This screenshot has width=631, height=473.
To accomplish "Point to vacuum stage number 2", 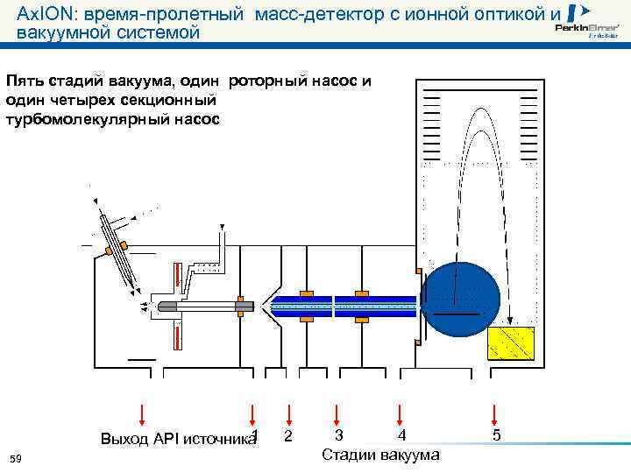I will (x=287, y=435).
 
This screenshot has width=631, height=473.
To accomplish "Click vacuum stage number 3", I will (x=338, y=435).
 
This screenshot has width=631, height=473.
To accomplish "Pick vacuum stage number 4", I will (x=401, y=435).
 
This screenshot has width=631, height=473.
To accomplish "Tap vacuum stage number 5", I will (x=496, y=435).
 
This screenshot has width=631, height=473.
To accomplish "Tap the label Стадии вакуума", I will (x=381, y=455).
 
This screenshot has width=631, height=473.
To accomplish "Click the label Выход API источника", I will (x=175, y=439).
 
